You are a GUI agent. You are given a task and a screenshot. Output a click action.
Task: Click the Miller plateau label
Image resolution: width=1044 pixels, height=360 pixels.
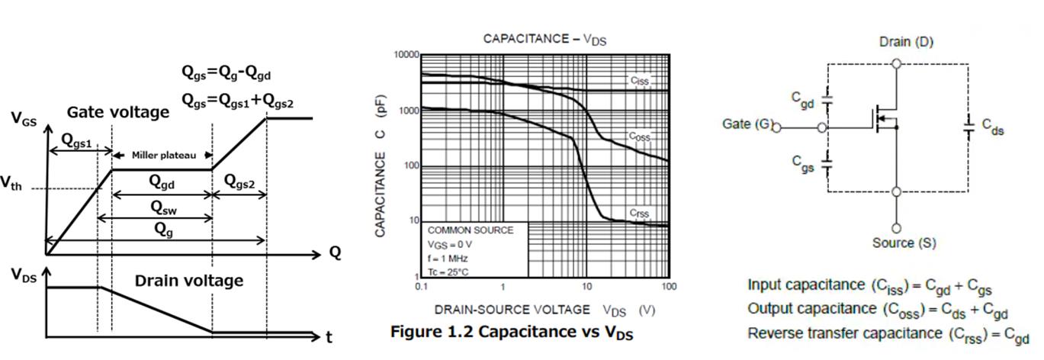163,155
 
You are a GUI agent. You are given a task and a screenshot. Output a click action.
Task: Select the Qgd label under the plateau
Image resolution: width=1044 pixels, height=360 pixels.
161,182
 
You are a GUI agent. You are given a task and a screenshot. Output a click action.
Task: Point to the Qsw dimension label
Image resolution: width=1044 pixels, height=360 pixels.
161,207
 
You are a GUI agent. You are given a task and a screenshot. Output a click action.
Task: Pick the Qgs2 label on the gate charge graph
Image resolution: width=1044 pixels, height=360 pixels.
239,182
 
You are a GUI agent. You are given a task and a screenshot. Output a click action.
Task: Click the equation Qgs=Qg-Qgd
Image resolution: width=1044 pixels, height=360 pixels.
226,72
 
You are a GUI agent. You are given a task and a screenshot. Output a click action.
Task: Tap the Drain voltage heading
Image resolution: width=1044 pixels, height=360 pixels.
188,280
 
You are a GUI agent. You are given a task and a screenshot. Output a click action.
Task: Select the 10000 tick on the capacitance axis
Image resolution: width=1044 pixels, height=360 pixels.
406,56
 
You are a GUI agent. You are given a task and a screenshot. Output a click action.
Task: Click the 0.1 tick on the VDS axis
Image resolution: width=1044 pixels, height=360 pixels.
422,287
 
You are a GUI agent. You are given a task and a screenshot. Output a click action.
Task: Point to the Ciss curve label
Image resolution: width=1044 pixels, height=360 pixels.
639,80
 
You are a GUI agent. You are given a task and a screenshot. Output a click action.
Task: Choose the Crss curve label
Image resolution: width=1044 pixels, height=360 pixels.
639,213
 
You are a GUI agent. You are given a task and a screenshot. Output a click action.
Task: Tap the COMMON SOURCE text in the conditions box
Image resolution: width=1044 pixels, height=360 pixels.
471,230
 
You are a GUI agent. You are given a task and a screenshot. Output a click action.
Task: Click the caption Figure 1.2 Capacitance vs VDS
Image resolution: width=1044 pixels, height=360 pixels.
512,333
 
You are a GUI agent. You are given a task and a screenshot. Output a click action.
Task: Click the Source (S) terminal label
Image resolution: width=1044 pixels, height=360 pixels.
904,243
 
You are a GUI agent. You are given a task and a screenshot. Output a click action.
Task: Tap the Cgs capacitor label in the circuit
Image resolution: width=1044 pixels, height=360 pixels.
801,163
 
